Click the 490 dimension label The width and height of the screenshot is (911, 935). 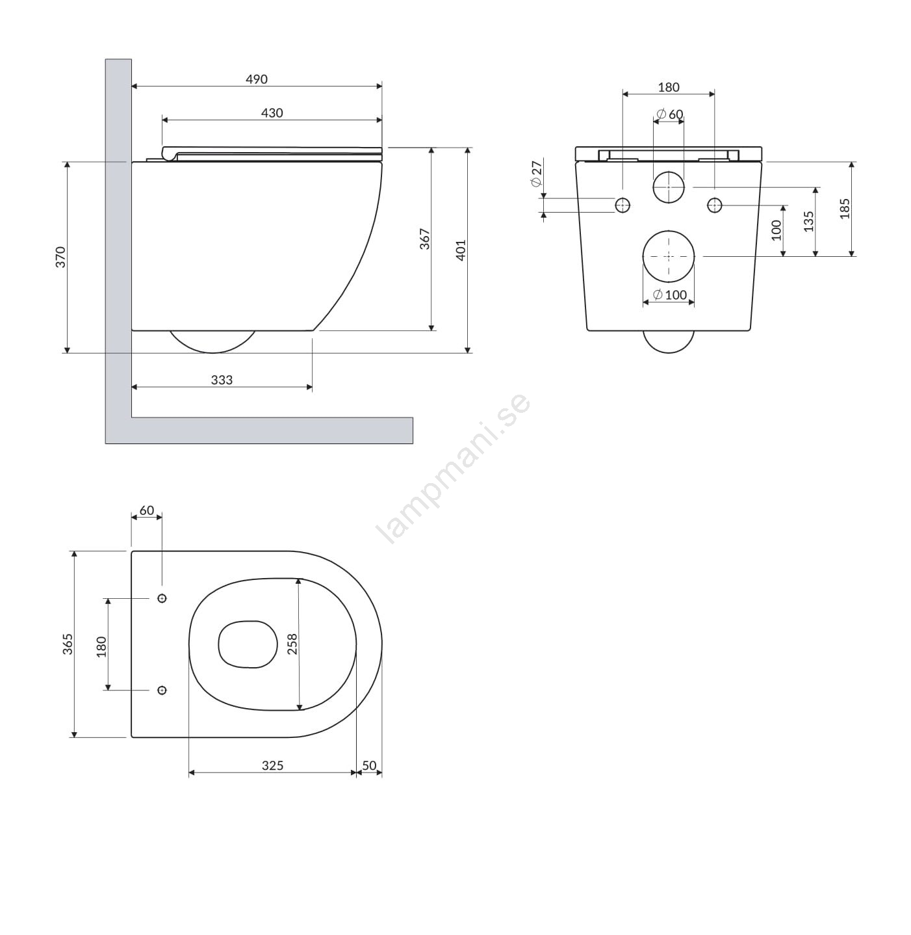(257, 79)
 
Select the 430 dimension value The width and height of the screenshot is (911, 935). (272, 113)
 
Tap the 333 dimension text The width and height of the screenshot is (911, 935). (222, 380)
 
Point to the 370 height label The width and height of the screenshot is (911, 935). (60, 257)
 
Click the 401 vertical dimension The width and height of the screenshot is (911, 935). (461, 250)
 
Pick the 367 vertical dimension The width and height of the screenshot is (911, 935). (425, 239)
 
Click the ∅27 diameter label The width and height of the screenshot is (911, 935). (537, 174)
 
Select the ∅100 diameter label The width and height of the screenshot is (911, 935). (670, 295)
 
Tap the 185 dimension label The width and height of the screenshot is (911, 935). (845, 209)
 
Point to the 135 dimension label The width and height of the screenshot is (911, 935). (809, 222)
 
